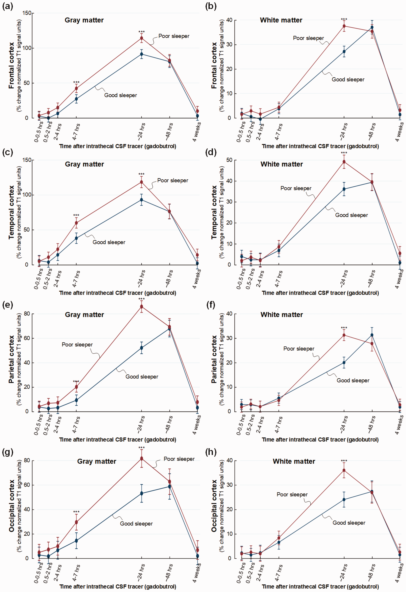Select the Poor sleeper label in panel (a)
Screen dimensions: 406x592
click(174, 36)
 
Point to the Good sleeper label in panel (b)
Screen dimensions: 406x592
click(348, 79)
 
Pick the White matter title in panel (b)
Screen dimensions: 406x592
click(281, 20)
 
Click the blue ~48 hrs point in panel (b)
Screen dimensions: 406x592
click(372, 27)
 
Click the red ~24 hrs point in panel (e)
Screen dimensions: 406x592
click(141, 306)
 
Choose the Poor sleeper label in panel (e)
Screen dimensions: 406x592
click(77, 345)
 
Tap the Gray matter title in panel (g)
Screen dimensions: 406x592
click(97, 461)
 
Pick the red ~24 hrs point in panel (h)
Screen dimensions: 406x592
click(344, 470)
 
